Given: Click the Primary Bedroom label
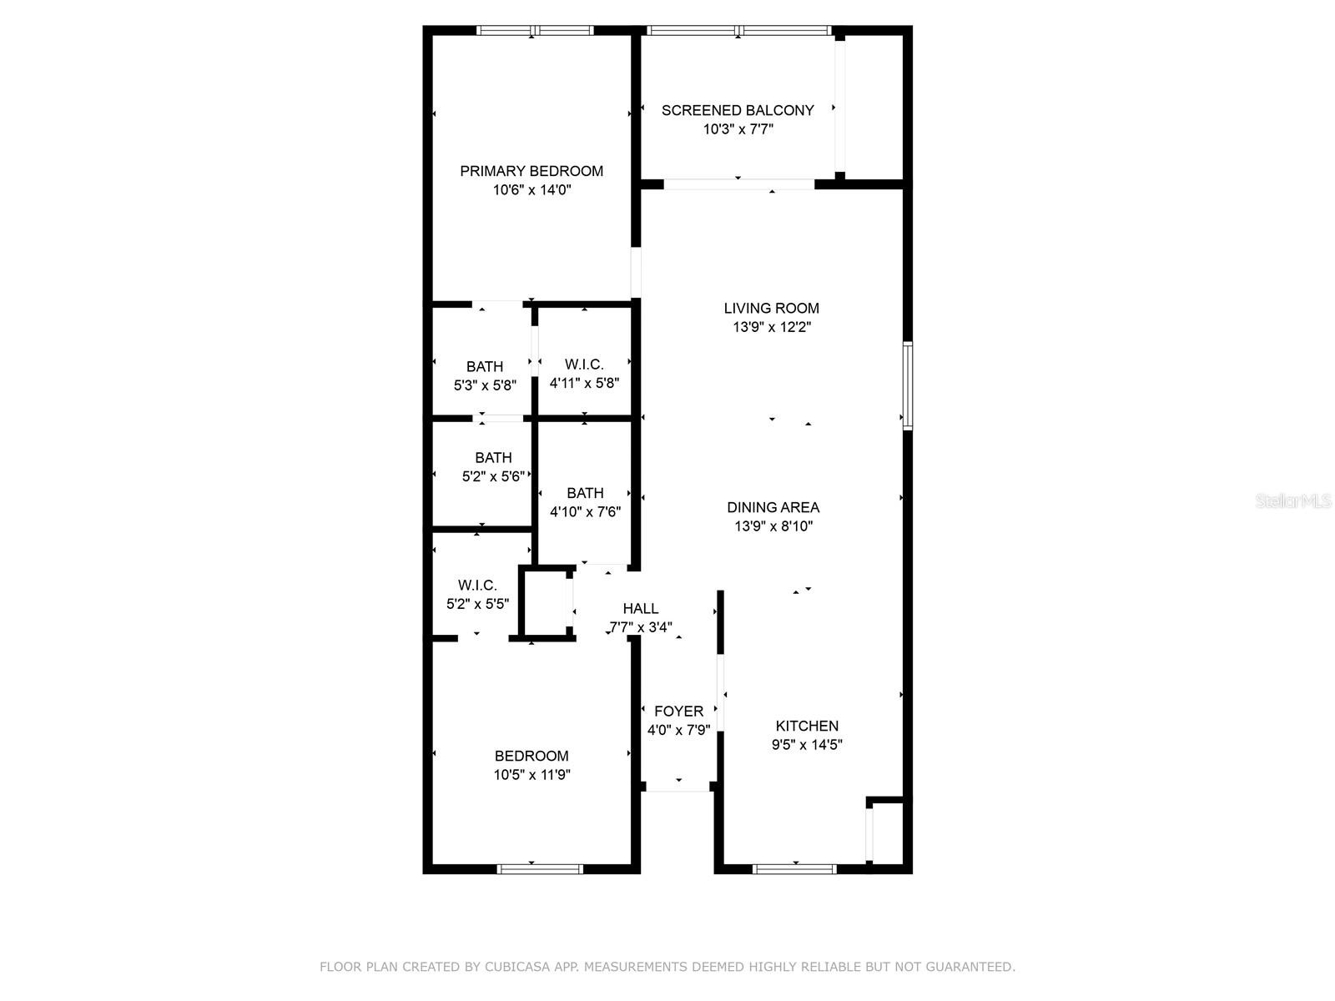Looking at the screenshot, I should point(531,171).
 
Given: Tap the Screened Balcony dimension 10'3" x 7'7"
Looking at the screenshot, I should point(738,129).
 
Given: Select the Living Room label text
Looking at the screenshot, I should point(771,309).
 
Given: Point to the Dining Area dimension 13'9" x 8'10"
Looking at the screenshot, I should point(773,526).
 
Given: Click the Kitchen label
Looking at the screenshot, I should point(807,726).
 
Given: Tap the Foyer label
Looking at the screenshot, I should point(678,711).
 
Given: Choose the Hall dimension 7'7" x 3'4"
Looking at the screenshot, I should point(640,627).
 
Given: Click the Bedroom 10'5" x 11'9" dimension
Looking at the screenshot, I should point(531,775).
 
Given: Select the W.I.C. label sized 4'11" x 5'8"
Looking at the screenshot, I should point(584,365).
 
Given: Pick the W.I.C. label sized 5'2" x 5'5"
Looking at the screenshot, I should point(477,586).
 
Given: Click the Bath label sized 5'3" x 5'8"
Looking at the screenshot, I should point(485,366).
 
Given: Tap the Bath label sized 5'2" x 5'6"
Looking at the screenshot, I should point(493,458).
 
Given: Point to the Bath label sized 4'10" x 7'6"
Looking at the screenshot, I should point(585,493).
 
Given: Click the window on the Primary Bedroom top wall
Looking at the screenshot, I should point(535,31).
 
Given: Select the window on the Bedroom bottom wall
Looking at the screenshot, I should point(540,869).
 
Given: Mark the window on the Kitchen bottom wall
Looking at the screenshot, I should point(794,869).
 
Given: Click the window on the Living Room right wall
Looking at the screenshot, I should point(908,385).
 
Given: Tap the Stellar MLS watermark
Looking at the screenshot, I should point(1293,501).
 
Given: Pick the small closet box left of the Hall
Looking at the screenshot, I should point(546,603).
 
